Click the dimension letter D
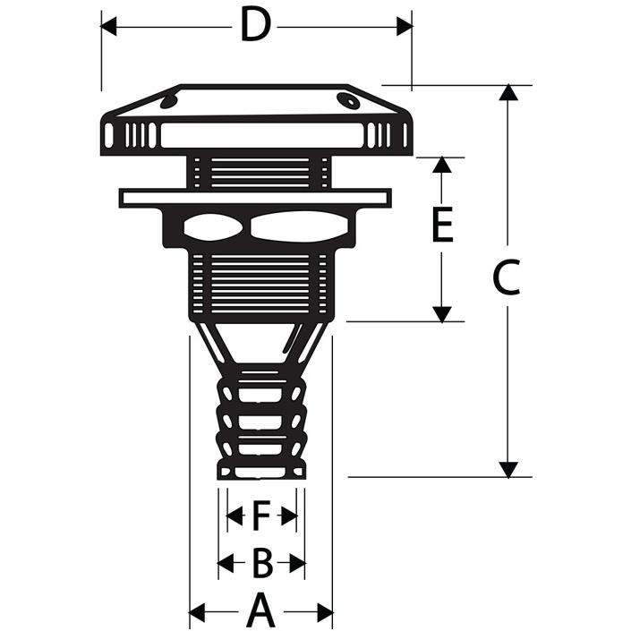[x=255, y=25]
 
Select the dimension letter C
[x=507, y=277]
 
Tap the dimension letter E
[x=442, y=225]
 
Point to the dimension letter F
[x=261, y=516]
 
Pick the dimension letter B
[x=262, y=562]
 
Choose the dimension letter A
[x=261, y=610]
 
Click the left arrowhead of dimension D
[x=108, y=27]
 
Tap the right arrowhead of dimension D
[x=405, y=27]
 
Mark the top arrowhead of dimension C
[x=508, y=92]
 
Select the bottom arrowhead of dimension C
[x=508, y=469]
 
